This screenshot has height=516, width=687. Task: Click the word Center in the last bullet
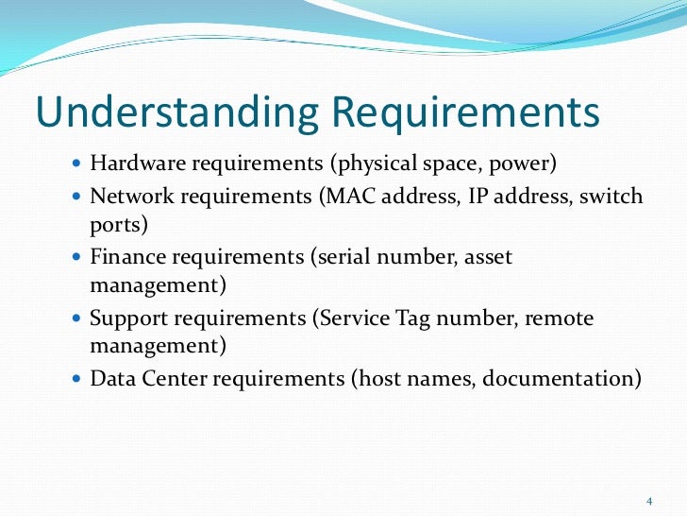click(175, 379)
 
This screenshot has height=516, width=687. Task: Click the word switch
click(613, 197)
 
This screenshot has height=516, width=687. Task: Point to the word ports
click(112, 227)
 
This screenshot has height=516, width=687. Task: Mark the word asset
click(488, 257)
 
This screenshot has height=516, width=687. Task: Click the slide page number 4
click(649, 500)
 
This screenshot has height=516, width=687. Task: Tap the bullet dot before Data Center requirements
click(77, 380)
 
